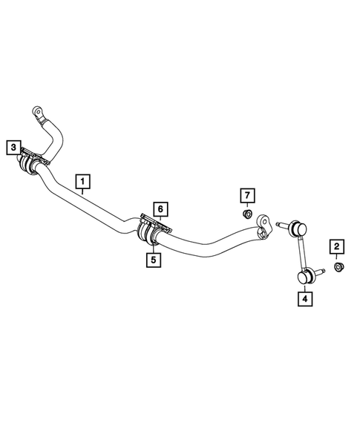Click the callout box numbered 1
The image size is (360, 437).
pyautogui.click(x=82, y=180)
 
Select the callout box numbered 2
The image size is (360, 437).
pyautogui.click(x=336, y=246)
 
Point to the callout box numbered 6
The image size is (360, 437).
pyautogui.click(x=158, y=208)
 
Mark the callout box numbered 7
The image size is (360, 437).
pyautogui.click(x=248, y=195)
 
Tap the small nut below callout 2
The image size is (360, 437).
pyautogui.click(x=337, y=266)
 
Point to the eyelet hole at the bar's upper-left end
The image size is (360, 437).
pyautogui.click(x=36, y=112)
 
